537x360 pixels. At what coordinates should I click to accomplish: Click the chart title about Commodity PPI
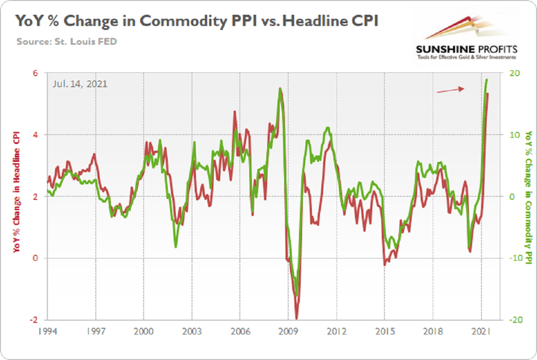[197, 21]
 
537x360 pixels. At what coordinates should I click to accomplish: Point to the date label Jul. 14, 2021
[79, 84]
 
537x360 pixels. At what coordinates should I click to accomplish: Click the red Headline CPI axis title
[17, 197]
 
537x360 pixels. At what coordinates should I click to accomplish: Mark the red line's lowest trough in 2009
[297, 317]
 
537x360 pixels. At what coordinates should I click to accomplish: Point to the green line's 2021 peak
[486, 80]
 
